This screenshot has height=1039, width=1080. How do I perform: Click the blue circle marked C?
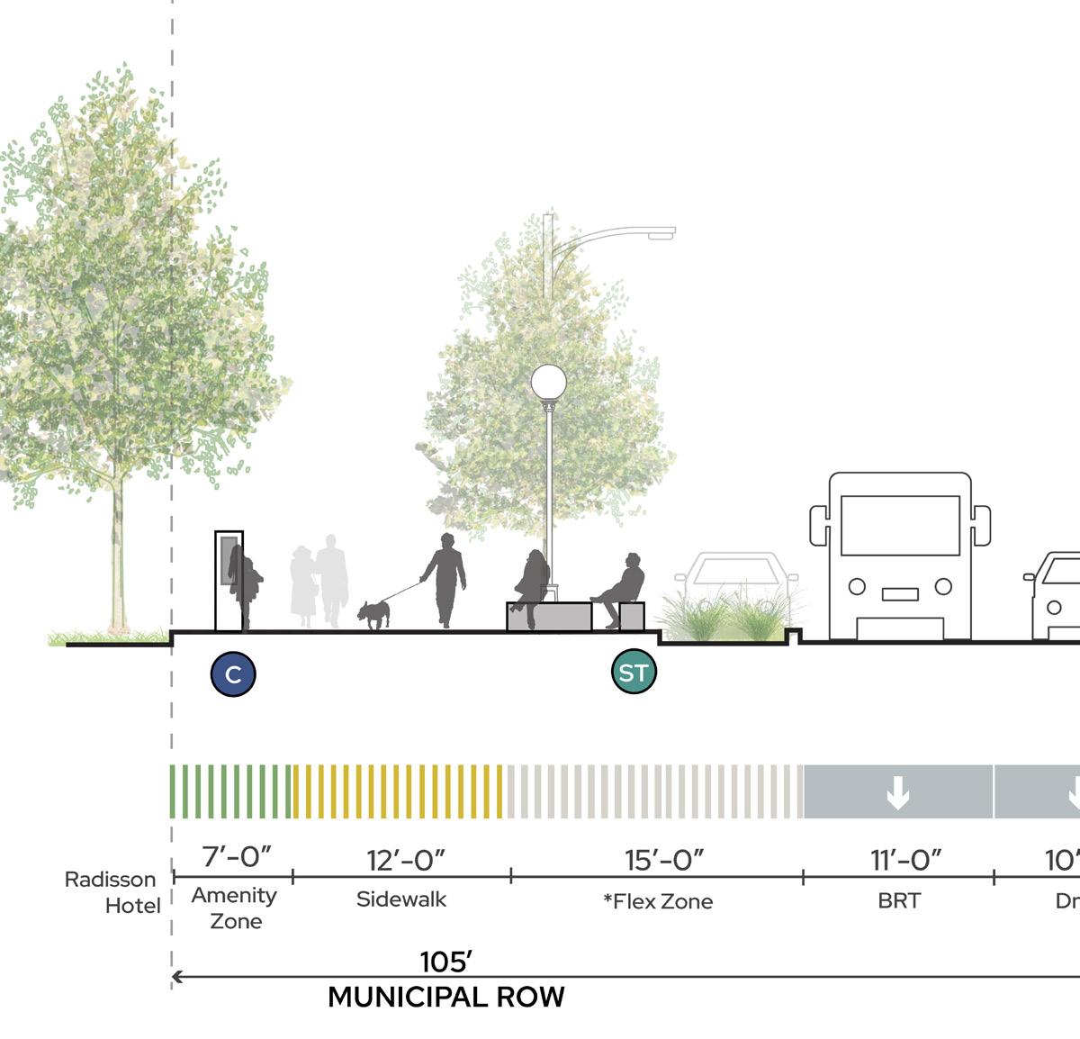233,673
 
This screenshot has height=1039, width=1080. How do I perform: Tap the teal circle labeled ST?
634,672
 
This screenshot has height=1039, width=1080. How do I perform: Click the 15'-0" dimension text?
664,860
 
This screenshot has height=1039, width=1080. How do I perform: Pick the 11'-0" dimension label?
905,860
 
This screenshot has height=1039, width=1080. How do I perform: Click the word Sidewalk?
401,899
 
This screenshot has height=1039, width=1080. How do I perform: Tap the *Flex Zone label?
658,901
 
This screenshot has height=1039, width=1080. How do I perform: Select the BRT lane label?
899,900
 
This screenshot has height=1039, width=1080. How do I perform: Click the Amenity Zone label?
234,908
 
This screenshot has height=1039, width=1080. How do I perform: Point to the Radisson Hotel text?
112,891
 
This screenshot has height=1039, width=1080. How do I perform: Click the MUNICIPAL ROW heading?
445,997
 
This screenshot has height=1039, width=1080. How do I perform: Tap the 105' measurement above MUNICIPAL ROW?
446,962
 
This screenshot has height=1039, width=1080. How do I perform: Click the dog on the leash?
373,614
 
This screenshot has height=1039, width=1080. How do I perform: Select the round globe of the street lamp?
548,383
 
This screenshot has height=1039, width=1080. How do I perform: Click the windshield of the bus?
900,525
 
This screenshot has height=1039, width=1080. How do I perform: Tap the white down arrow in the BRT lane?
897,792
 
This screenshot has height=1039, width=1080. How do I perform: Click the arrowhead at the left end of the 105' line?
177,976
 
